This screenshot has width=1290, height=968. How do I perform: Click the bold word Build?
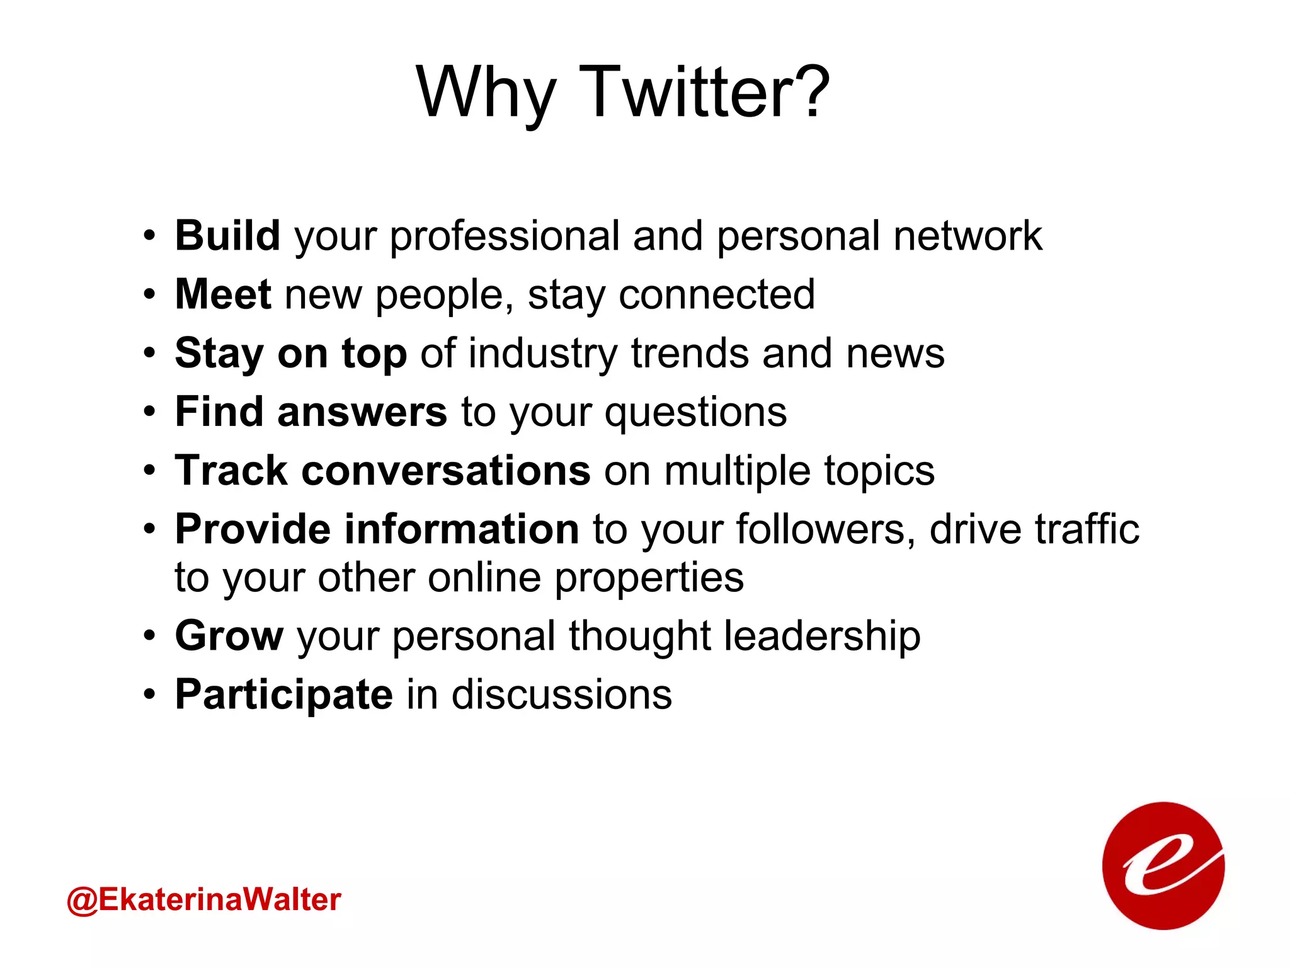[227, 236]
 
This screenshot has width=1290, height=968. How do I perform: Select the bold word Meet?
[223, 294]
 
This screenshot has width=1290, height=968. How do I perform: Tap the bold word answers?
[362, 412]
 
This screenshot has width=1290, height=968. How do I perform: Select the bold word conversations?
[446, 471]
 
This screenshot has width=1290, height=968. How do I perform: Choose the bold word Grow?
[229, 636]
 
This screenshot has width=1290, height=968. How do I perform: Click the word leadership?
[822, 636]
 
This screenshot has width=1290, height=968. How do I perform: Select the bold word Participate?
[284, 695]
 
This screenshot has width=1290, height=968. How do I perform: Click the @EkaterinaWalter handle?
[203, 899]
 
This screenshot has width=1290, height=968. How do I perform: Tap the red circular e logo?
[1163, 866]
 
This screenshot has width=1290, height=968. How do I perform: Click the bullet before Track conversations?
[149, 471]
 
